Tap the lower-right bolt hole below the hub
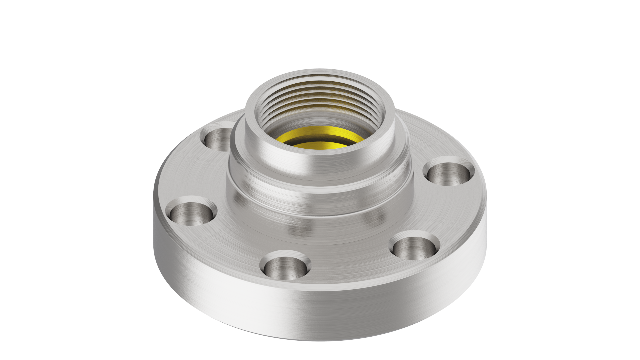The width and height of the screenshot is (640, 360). (x=413, y=248)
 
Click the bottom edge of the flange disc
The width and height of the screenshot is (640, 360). (x=320, y=340)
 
